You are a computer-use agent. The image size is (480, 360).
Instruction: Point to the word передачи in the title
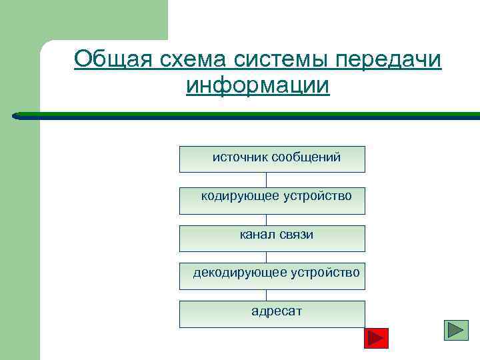(389, 59)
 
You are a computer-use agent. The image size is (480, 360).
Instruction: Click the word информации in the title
(258, 86)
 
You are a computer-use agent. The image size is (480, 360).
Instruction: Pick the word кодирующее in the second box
(240, 196)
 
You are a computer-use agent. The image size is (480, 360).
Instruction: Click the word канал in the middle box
(255, 235)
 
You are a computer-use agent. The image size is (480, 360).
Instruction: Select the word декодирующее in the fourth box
(239, 273)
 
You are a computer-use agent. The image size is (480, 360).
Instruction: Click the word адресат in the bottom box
(276, 311)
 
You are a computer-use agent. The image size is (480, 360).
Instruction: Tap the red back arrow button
(377, 338)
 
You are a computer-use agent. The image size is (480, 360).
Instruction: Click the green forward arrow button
(456, 330)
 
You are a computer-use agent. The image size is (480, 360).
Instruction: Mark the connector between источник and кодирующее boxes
(267, 180)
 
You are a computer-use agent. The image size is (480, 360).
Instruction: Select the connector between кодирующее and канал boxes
(267, 219)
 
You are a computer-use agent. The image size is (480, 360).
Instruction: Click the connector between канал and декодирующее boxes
(267, 257)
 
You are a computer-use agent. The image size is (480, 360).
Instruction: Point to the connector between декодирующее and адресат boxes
(267, 295)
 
